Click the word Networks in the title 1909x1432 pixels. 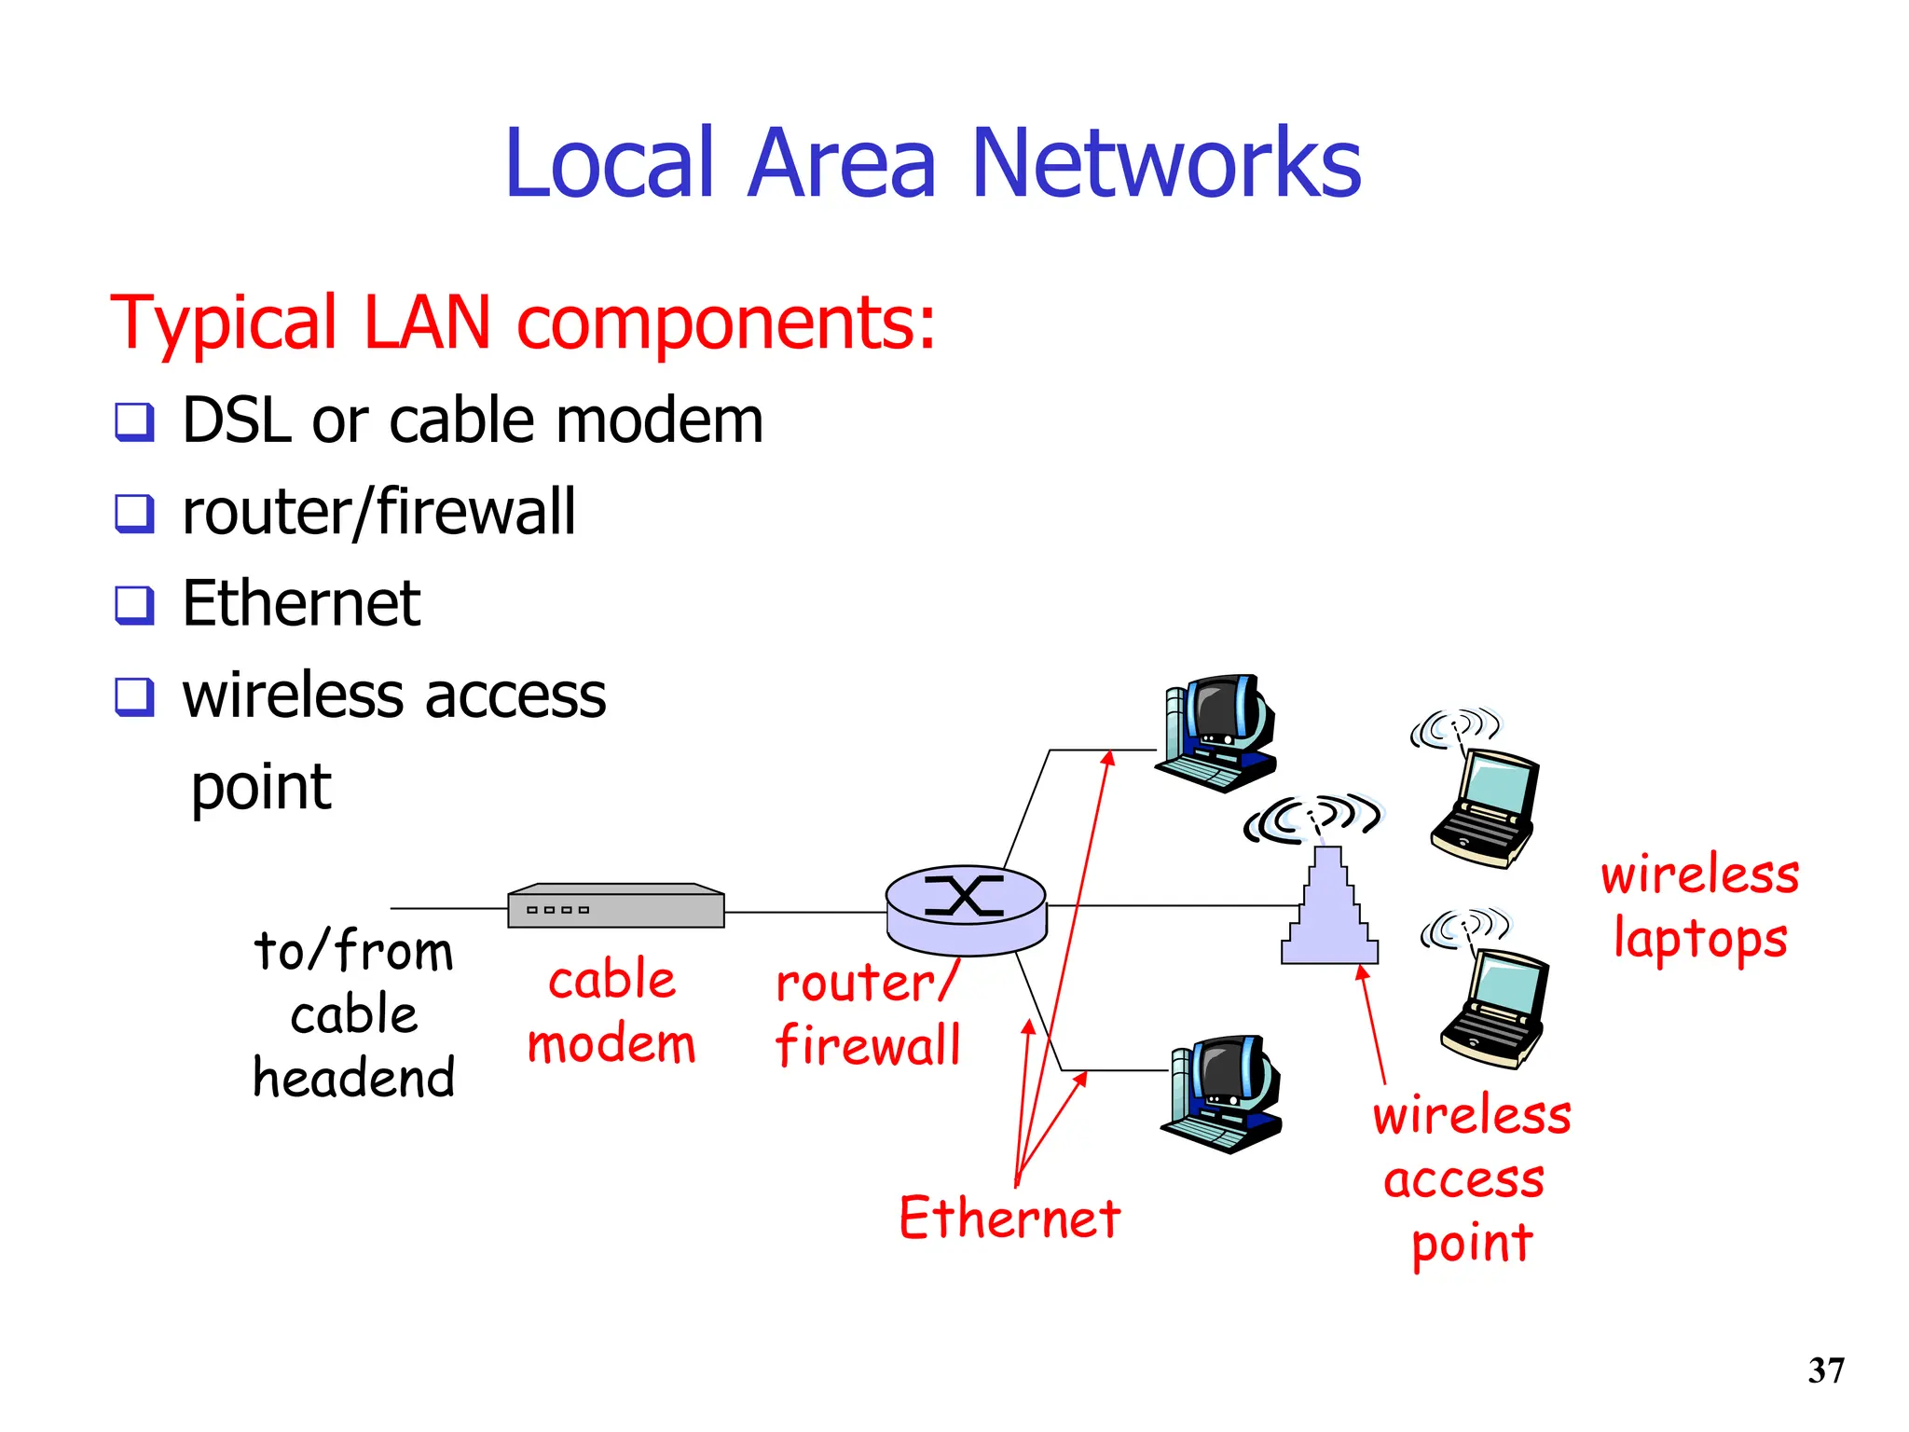[1165, 164]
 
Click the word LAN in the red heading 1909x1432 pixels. [426, 323]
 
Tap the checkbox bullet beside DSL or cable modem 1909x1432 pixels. [134, 421]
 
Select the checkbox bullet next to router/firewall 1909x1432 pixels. [134, 513]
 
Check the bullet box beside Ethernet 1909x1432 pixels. [134, 604]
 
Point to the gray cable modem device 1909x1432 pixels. [615, 906]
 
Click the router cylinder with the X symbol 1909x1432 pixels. [966, 909]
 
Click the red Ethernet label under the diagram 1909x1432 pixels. [1009, 1219]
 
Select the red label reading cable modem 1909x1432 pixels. [611, 1012]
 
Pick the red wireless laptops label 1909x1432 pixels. [1700, 906]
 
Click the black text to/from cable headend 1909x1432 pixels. [353, 1014]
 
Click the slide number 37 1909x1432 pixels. [1825, 1370]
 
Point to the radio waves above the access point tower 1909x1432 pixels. [1314, 818]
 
